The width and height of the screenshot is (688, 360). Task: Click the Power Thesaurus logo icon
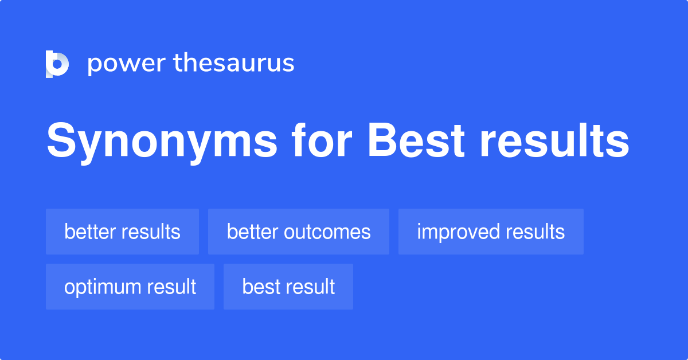tap(57, 64)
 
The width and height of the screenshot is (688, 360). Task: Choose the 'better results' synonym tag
tap(122, 232)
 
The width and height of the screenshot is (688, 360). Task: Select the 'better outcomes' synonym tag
tap(299, 232)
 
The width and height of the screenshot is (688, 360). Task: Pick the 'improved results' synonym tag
tap(491, 232)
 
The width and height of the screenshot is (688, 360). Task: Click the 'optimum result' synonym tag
tap(130, 287)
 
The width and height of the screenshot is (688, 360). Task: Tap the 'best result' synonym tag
tap(288, 287)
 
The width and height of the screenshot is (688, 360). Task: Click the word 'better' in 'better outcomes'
tap(250, 232)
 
